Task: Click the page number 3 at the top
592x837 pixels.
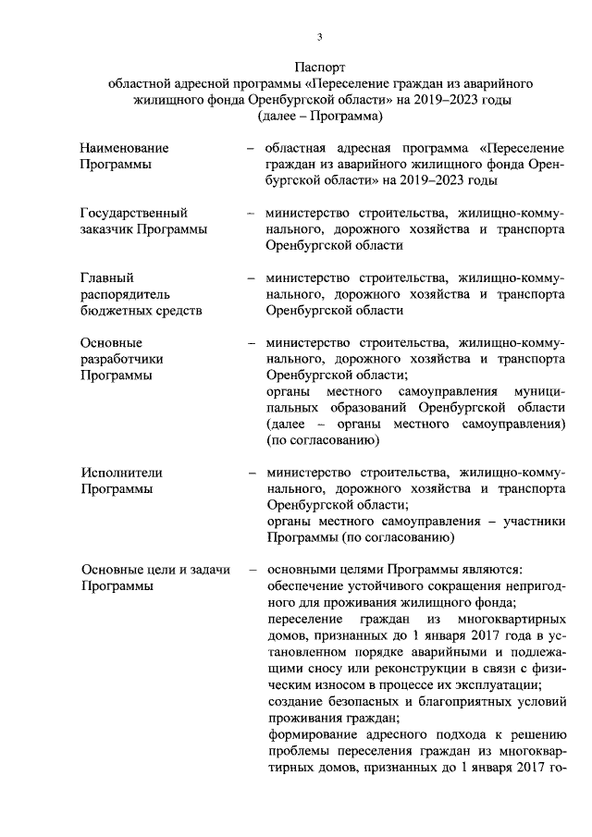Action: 319,37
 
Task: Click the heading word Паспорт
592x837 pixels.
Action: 319,68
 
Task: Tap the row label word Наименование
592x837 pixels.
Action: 125,148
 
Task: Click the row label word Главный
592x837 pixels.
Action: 107,277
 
